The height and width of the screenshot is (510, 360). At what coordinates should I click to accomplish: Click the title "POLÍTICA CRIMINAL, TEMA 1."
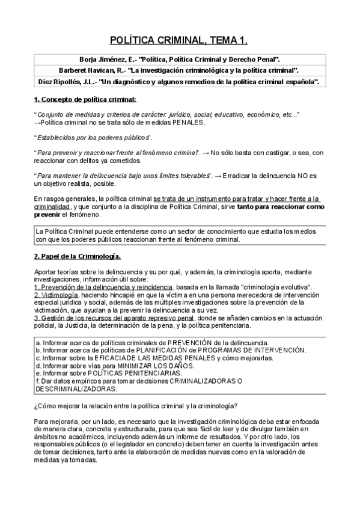tap(179, 40)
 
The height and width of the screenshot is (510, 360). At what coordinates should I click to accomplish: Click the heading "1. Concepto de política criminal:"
tap(85, 98)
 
